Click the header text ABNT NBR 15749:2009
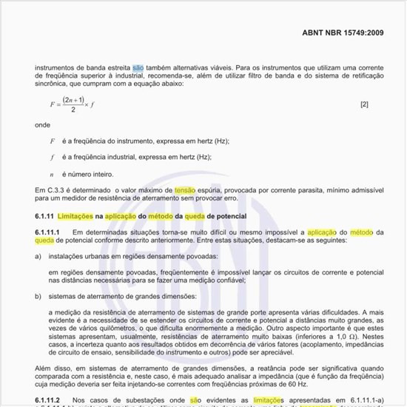click(343, 33)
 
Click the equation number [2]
click(364, 104)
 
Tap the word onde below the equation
click(42, 125)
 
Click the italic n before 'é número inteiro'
click(52, 174)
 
